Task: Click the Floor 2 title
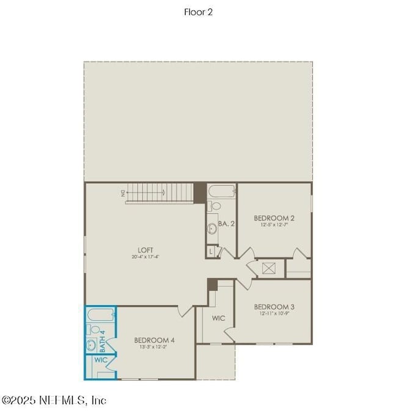198,12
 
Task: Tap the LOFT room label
145,249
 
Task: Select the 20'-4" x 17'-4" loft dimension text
145,257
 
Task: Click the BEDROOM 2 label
274,217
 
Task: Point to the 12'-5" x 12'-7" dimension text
274,225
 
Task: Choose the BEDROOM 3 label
274,306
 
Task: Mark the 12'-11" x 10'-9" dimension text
274,313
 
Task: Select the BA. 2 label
227,224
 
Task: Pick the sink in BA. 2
212,228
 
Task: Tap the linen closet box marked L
211,250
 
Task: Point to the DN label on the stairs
123,193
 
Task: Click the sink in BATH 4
92,345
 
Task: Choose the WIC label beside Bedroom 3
219,318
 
